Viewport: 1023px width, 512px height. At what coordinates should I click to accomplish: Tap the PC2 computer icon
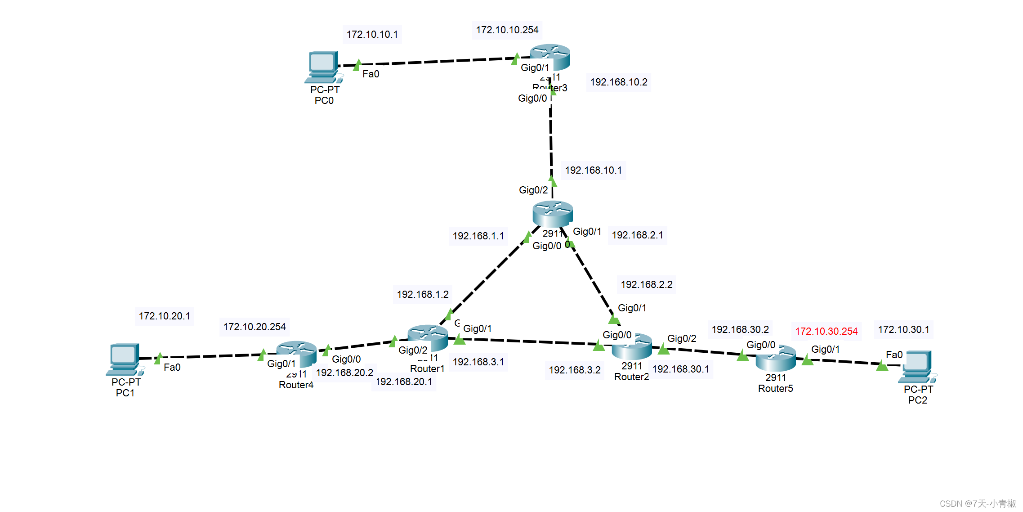click(917, 366)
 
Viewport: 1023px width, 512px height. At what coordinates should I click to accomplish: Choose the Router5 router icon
click(776, 358)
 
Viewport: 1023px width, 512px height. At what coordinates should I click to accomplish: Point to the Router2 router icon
click(632, 346)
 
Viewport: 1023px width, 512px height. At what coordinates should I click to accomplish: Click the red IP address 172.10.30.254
click(826, 332)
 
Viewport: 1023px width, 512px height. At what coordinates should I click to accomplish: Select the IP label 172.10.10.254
click(507, 30)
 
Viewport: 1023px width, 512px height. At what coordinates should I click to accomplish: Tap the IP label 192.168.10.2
click(618, 82)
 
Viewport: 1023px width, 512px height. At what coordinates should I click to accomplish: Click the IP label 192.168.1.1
click(478, 236)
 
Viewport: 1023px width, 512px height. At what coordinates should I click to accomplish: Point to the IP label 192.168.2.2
click(646, 285)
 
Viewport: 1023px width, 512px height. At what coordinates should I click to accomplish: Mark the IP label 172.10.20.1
click(164, 316)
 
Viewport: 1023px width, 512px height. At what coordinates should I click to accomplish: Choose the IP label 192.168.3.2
click(574, 370)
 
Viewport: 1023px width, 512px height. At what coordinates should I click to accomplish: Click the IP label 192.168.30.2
click(740, 330)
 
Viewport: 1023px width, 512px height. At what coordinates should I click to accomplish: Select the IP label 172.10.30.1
click(903, 330)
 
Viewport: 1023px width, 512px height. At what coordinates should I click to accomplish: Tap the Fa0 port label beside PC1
click(172, 368)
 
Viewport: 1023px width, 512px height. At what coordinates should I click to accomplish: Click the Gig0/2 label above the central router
click(533, 190)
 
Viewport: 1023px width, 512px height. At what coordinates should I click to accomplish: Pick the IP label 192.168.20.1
click(403, 382)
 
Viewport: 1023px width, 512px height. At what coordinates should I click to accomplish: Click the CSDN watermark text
click(978, 503)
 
